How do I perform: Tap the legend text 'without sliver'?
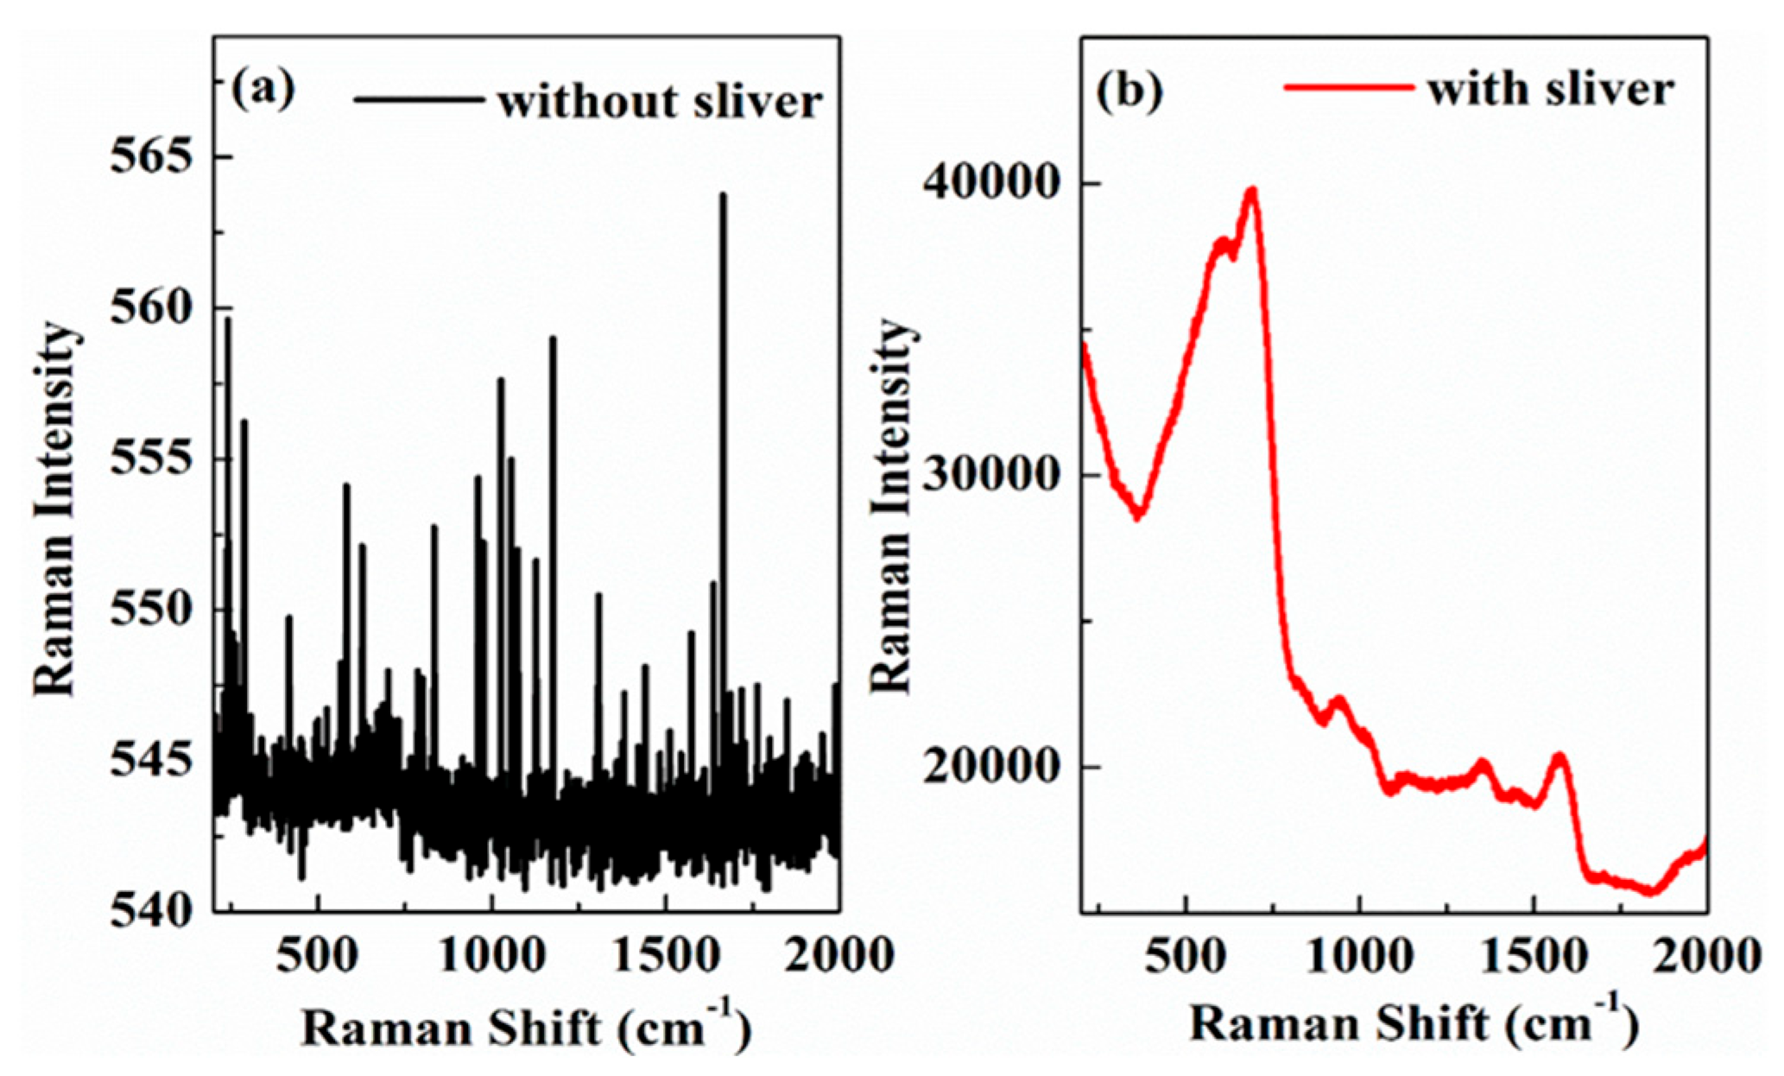660,102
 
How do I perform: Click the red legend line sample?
1349,86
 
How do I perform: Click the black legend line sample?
418,99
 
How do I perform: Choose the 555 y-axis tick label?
152,459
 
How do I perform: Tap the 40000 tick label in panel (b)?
988,183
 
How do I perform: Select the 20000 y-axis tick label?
988,767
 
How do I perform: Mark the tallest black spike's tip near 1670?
723,195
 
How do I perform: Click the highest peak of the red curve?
1251,189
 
